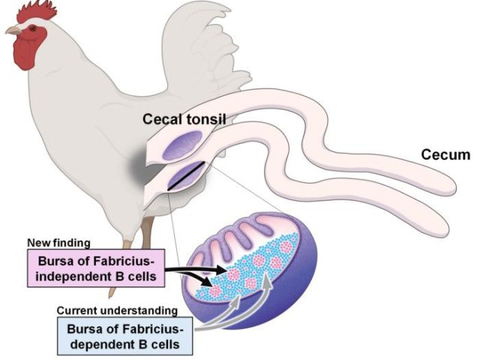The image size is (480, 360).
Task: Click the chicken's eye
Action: tap(33, 28)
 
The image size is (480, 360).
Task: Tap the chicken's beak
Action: tap(13, 30)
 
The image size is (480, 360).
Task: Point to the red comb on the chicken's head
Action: tap(37, 12)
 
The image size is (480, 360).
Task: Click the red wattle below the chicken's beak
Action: tap(27, 49)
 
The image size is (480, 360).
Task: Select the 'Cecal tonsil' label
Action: tap(184, 119)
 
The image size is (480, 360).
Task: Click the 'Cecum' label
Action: tap(445, 155)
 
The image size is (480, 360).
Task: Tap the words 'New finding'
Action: tap(58, 243)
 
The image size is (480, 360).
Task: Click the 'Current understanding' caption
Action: tap(117, 310)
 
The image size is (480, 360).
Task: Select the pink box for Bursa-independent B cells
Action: tap(96, 268)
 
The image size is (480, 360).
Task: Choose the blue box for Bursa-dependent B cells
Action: tap(125, 336)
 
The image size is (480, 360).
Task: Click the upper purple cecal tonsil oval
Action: tap(182, 145)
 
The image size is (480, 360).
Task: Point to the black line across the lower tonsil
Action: tap(186, 175)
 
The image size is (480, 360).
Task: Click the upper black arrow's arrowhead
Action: tap(221, 270)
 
